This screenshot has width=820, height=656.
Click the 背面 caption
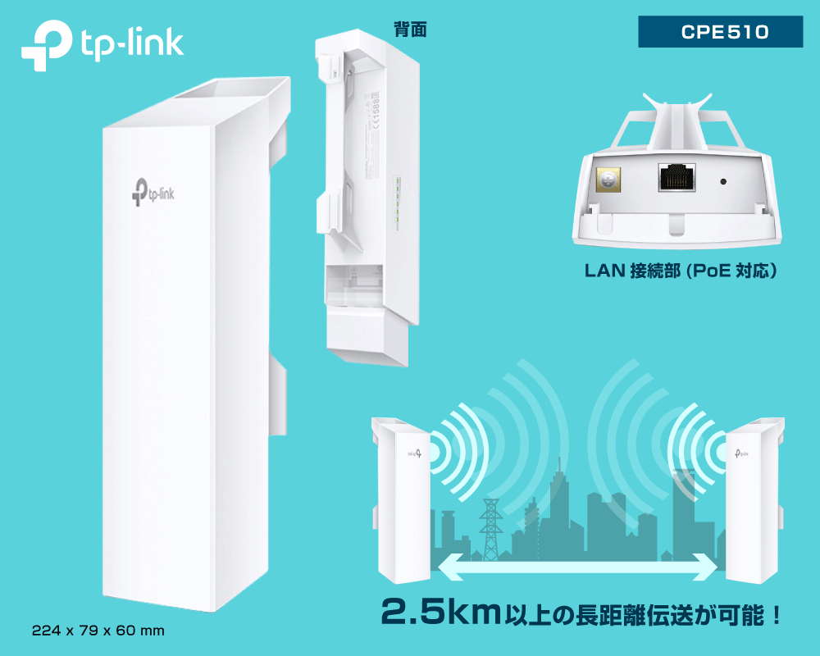coord(410,30)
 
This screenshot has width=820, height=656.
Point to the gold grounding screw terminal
coord(608,179)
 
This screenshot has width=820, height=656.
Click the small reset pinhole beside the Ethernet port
coord(724,181)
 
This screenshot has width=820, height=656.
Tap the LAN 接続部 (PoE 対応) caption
coord(680,270)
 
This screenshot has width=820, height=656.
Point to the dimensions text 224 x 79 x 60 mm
coord(98,631)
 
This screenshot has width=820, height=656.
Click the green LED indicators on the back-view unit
coord(396,201)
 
